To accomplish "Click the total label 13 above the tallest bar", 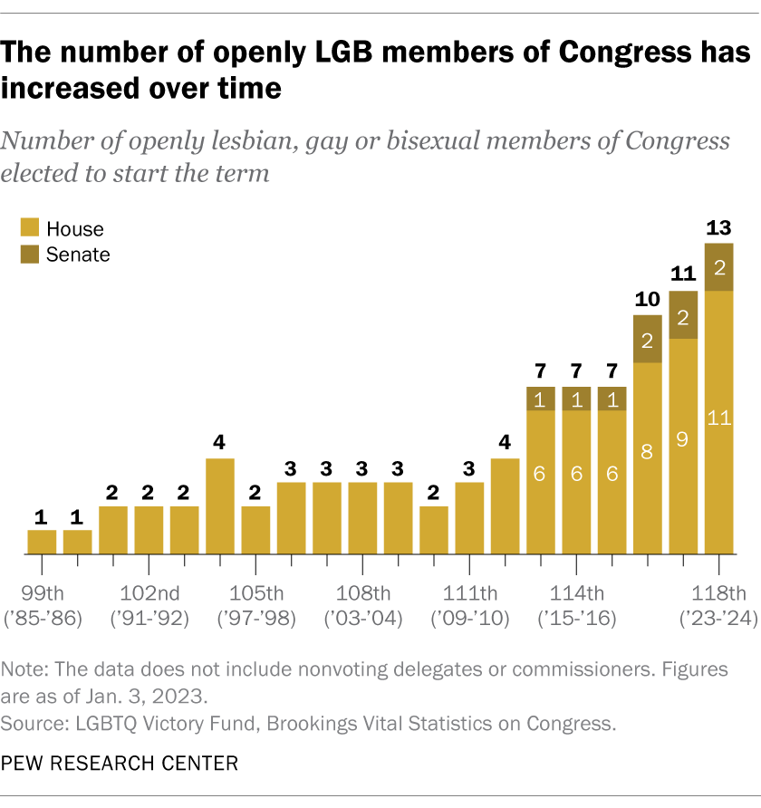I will (x=718, y=227).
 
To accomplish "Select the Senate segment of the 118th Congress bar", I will (x=719, y=267).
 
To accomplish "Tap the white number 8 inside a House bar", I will (x=648, y=452).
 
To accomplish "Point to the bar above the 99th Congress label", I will (x=42, y=542).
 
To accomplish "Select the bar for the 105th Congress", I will (x=255, y=530).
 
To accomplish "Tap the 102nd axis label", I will (x=149, y=594).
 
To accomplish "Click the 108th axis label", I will (x=362, y=594).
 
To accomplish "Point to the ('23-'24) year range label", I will (x=718, y=620).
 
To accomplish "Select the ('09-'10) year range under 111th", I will (x=469, y=620).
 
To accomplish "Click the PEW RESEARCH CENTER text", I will (x=120, y=764).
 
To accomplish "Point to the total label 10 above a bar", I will (x=647, y=299).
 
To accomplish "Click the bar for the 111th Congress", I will (x=469, y=518).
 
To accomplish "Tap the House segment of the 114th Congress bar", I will (x=576, y=482).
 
